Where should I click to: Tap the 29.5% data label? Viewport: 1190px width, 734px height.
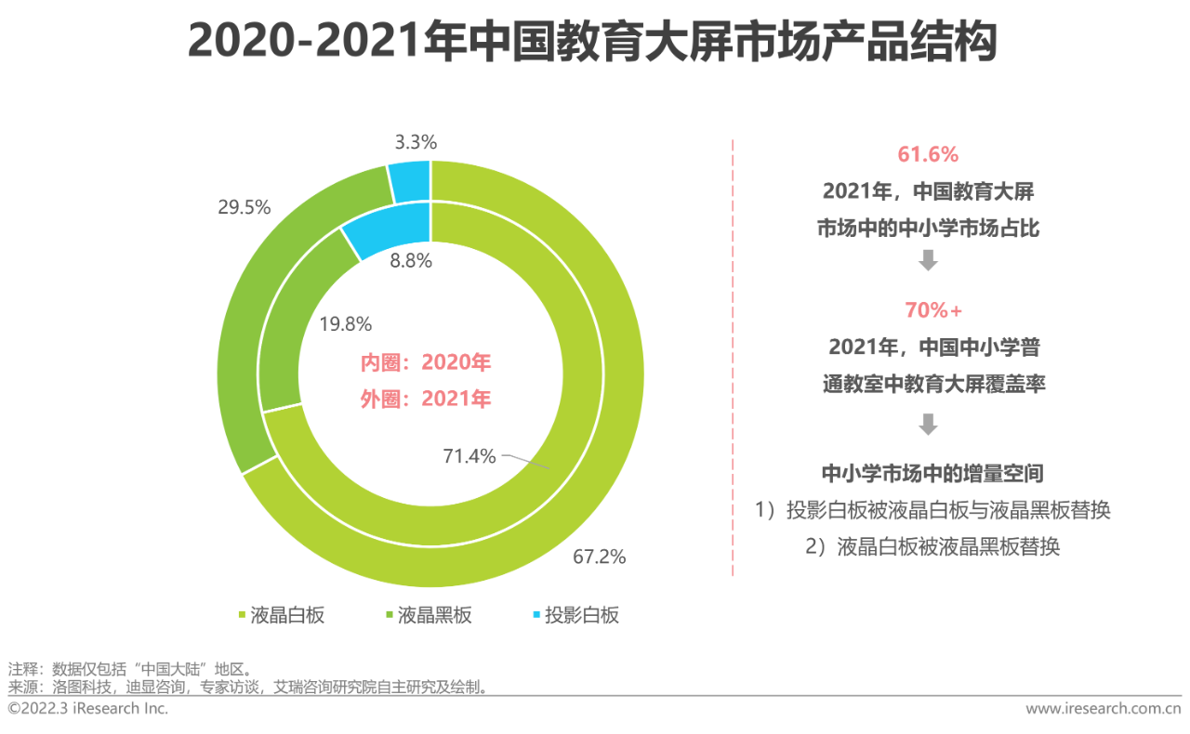point(244,207)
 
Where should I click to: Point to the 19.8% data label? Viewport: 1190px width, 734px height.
point(345,324)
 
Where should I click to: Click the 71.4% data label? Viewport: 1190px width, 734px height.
point(469,456)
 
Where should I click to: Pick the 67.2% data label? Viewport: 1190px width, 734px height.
point(599,557)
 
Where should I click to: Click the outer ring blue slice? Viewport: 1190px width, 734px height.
point(410,180)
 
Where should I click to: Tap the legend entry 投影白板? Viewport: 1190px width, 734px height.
point(581,615)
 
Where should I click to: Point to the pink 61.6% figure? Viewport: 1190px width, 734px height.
point(927,154)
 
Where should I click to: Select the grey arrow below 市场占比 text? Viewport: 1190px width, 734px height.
point(928,261)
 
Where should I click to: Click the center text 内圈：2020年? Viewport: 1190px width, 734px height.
point(426,362)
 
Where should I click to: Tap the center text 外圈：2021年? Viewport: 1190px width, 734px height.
point(426,399)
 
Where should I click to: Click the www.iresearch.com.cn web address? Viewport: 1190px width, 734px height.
point(1103,709)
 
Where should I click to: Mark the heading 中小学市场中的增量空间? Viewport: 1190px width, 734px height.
point(932,473)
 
